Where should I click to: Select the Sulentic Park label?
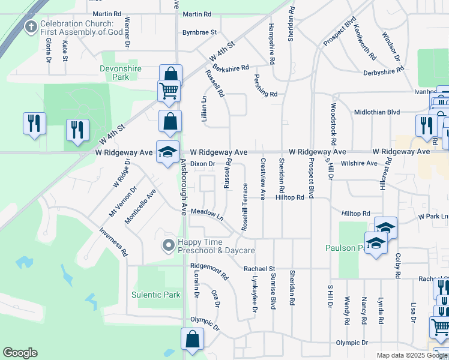click(x=156, y=295)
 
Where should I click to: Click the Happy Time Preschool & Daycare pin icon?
click(x=169, y=245)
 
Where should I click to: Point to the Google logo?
click(x=20, y=353)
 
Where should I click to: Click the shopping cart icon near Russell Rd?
click(x=169, y=91)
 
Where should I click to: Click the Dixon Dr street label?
click(x=202, y=163)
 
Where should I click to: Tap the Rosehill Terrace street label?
click(x=244, y=207)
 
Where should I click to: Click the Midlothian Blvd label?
click(x=377, y=112)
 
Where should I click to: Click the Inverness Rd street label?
click(x=113, y=242)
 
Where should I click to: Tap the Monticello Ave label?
click(x=140, y=207)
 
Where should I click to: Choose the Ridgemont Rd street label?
click(x=209, y=272)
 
